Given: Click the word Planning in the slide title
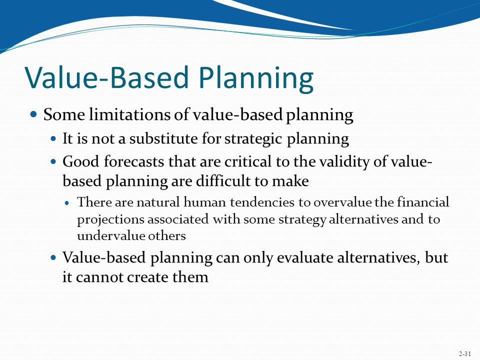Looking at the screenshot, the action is tap(256, 78).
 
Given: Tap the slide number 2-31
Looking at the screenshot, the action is tap(464, 354).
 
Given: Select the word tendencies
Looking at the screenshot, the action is tap(262, 202).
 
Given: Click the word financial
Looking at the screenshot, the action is tap(423, 202).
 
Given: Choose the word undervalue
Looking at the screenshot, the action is tap(110, 235).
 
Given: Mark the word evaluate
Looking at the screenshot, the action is tap(305, 257).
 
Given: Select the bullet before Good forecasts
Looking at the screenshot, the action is tap(53, 161).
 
